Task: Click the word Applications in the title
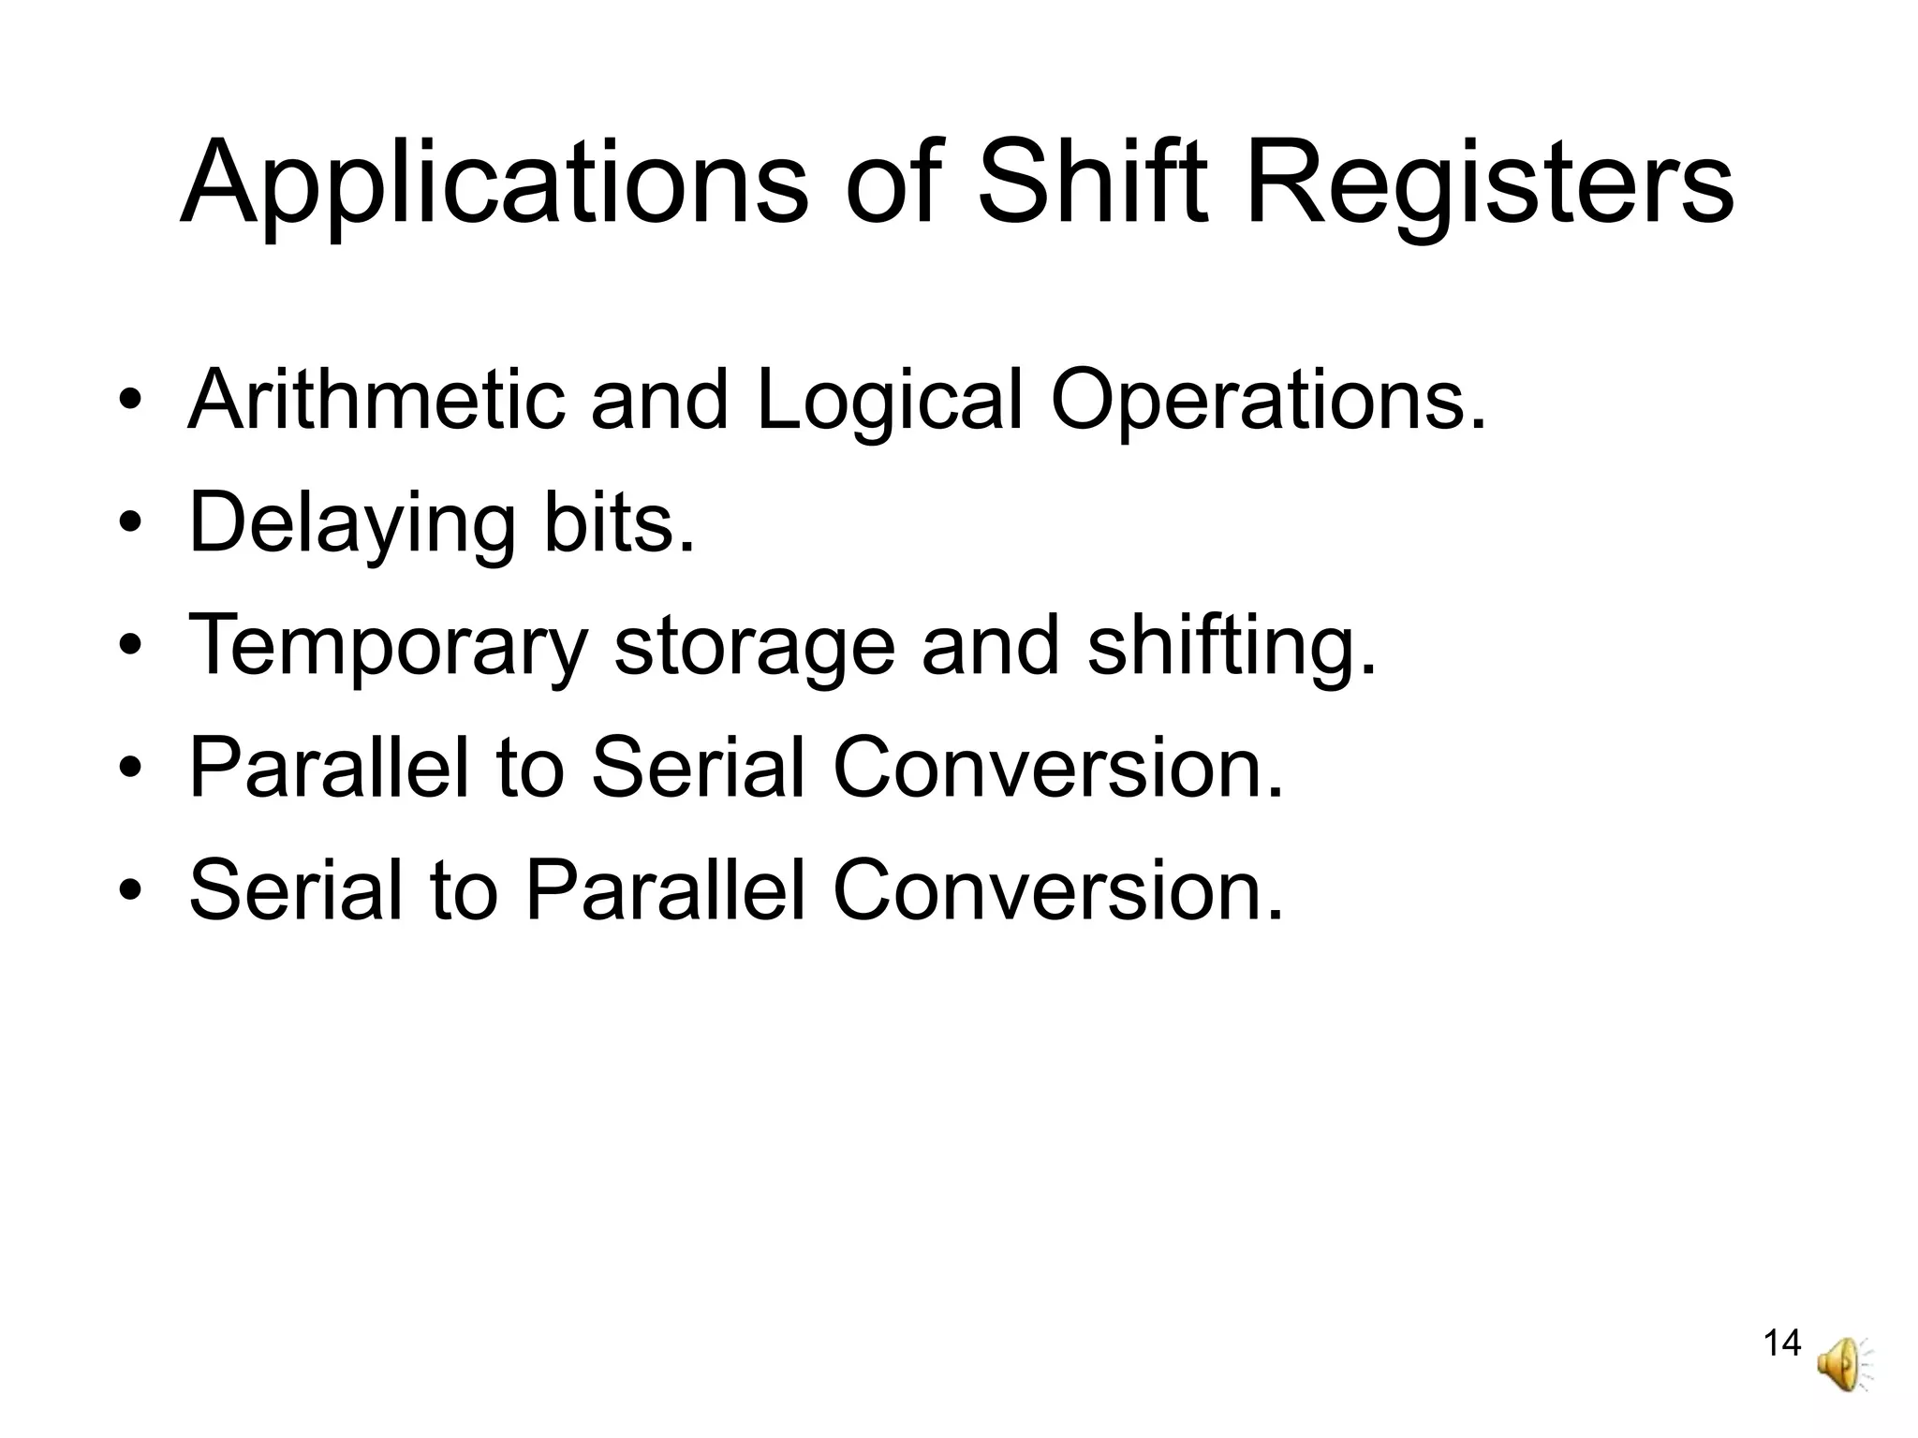tap(493, 183)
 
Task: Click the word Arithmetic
tap(376, 400)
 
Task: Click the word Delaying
tap(352, 524)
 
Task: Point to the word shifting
tap(1232, 648)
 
